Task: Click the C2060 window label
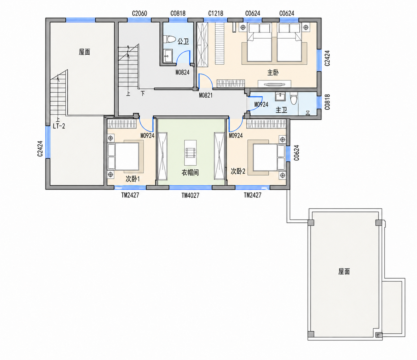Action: point(139,14)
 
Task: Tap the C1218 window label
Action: point(216,14)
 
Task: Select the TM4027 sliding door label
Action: point(190,195)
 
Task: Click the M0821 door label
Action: point(206,95)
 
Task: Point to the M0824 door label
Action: point(182,72)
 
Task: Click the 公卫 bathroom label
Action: point(183,41)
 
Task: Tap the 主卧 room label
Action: point(273,73)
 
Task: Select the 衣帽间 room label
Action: point(190,173)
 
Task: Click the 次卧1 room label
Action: point(133,179)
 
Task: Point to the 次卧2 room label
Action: point(238,171)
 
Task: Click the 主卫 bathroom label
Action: point(281,110)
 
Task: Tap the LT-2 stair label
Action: point(59,126)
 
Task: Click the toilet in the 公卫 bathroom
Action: point(169,39)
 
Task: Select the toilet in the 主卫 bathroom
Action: point(294,98)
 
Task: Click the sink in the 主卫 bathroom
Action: point(280,97)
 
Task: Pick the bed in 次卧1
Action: point(124,156)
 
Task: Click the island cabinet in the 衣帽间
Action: point(190,153)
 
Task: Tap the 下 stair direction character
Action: point(143,94)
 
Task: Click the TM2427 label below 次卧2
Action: point(252,195)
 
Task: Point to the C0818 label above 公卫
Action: point(178,14)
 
